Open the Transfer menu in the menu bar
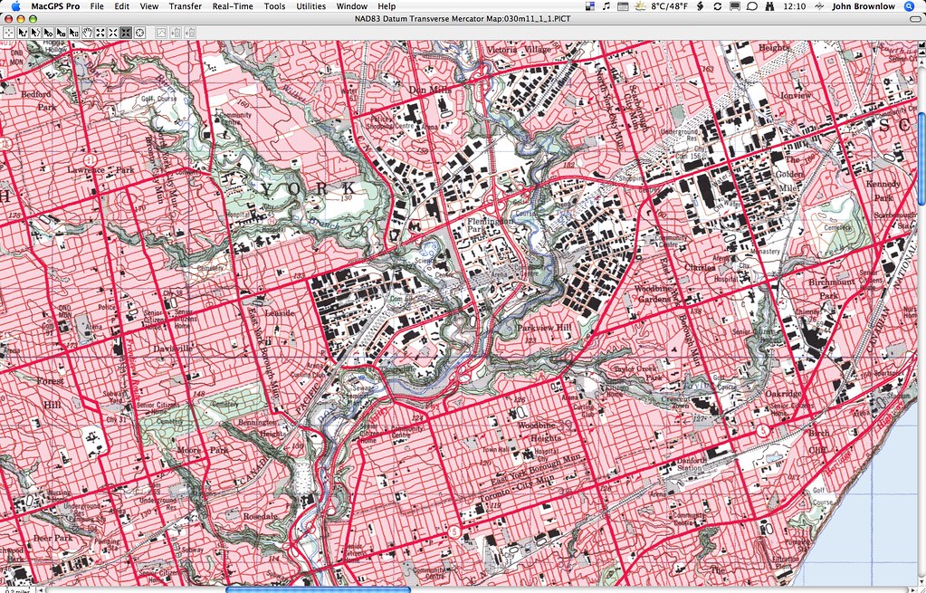(185, 6)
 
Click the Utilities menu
(310, 6)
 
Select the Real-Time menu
(233, 6)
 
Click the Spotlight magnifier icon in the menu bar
(910, 6)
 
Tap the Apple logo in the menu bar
(15, 6)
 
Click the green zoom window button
(33, 19)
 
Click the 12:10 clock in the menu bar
(794, 6)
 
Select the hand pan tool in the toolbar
(88, 33)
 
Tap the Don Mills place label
(429, 90)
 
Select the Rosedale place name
(258, 516)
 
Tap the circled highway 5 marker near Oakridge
(765, 431)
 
